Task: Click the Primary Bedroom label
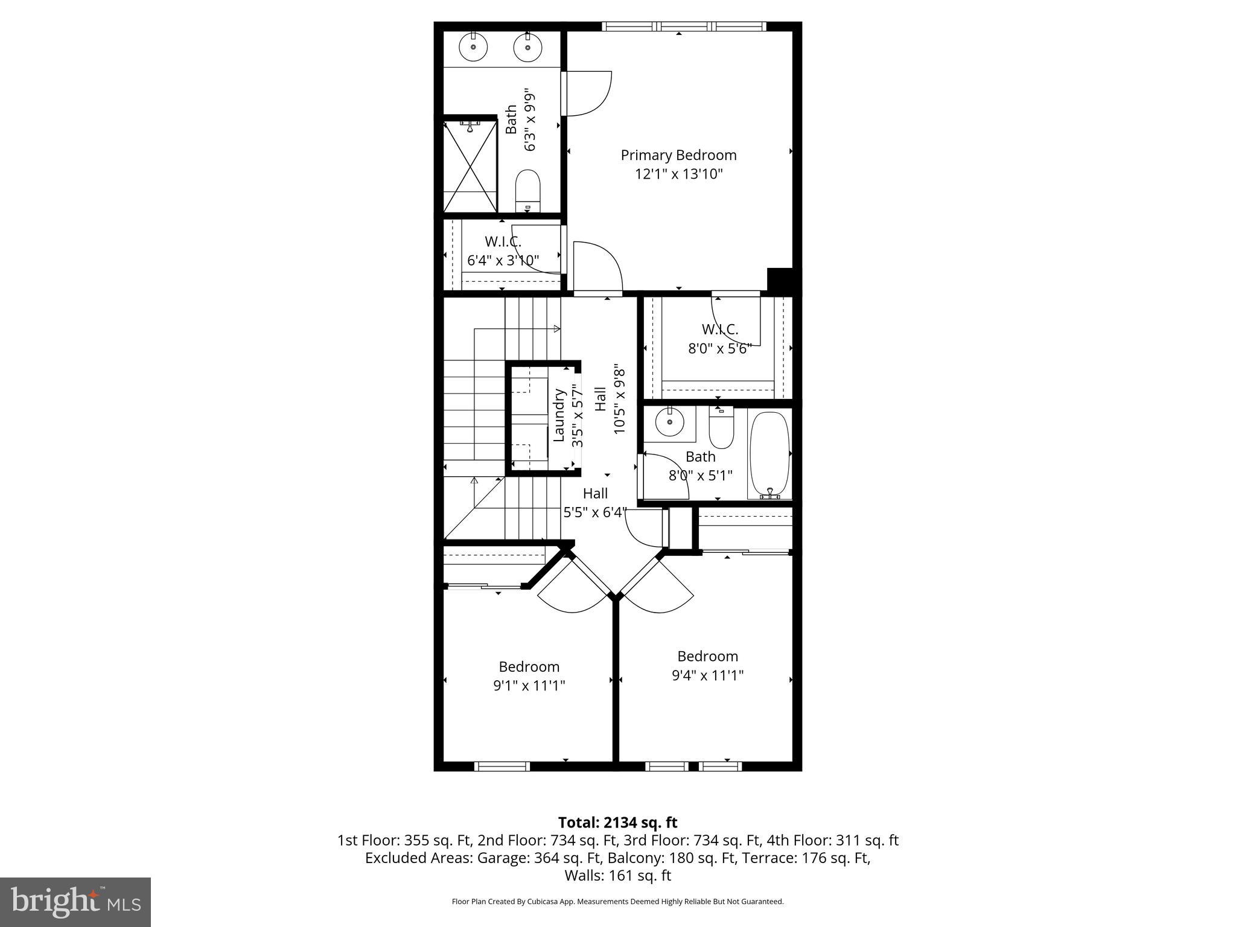[x=678, y=155]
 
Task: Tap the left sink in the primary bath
[x=474, y=47]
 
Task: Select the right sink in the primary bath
[x=527, y=47]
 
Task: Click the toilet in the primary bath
[x=528, y=190]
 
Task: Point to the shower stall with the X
[x=470, y=165]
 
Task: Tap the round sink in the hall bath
[x=669, y=421]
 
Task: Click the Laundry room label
[x=559, y=415]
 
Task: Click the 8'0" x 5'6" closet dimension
[x=719, y=349]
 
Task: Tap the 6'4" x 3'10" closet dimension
[x=503, y=261]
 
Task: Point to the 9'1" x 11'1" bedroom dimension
[x=529, y=686]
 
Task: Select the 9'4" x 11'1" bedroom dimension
[x=707, y=675]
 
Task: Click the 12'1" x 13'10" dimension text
[x=678, y=174]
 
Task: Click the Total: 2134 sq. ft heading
[x=617, y=823]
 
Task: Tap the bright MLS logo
[x=75, y=902]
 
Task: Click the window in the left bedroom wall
[x=502, y=766]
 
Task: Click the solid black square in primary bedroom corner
[x=779, y=279]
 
